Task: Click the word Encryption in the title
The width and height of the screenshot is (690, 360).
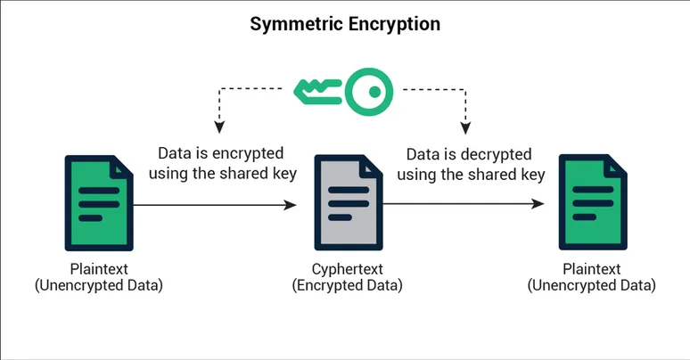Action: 392,24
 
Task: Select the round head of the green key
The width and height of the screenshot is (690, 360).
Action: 368,90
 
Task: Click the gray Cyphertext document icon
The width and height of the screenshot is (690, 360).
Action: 347,204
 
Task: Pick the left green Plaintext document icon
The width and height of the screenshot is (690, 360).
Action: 98,203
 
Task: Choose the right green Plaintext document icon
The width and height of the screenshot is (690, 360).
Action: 591,203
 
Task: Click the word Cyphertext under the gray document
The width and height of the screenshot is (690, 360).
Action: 347,268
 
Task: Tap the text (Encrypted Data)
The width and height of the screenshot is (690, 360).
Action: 347,285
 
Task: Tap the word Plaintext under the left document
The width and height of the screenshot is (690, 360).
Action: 98,268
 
